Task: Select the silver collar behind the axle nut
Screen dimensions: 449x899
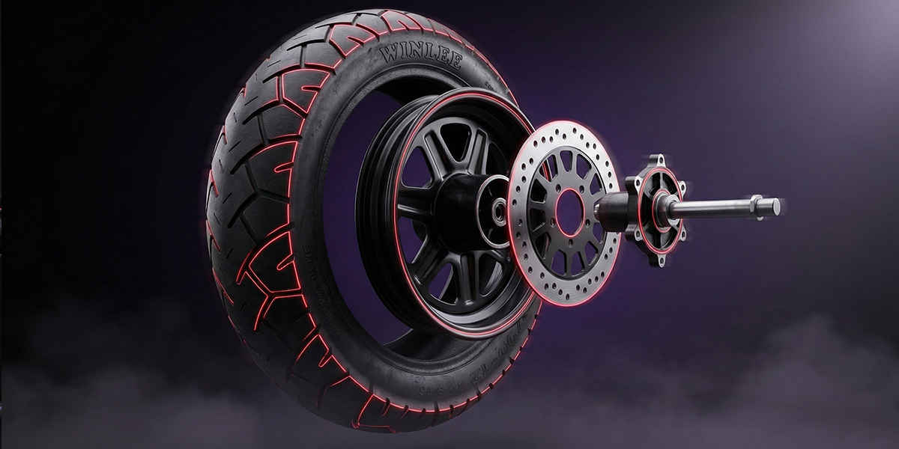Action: pos(755,204)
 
